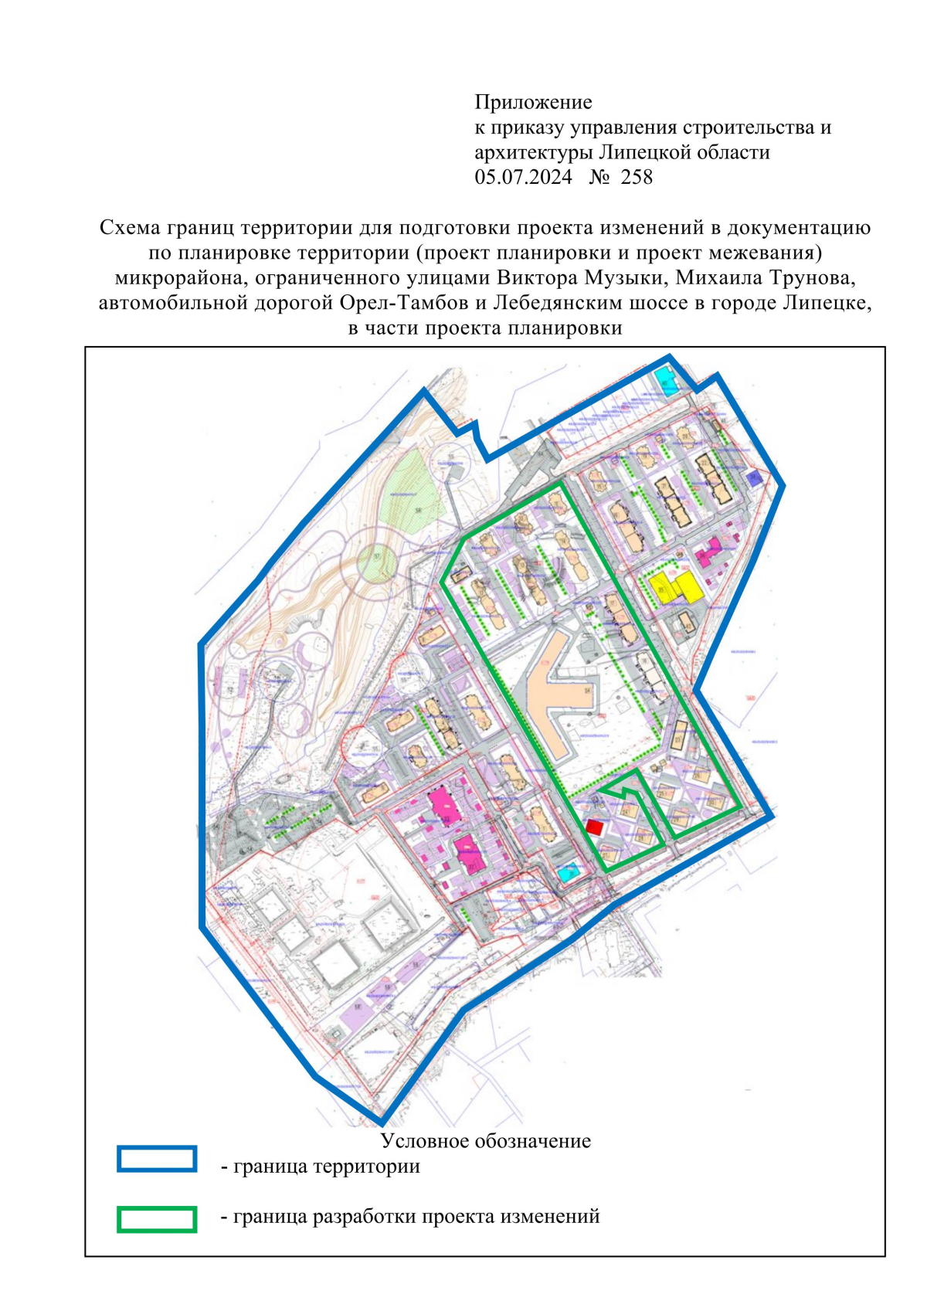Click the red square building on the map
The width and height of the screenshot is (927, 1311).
point(594,827)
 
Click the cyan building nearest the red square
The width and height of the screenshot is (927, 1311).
point(569,873)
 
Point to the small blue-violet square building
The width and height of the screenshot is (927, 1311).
point(755,479)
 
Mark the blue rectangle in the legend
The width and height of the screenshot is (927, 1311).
point(157,1159)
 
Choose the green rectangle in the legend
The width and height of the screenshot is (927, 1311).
point(157,1219)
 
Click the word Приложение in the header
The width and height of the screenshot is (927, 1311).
point(533,102)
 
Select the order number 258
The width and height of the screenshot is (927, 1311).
point(637,177)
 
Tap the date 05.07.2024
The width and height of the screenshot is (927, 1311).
point(523,177)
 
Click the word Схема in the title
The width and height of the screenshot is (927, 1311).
point(129,227)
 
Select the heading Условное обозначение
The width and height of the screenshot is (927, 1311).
point(485,1141)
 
